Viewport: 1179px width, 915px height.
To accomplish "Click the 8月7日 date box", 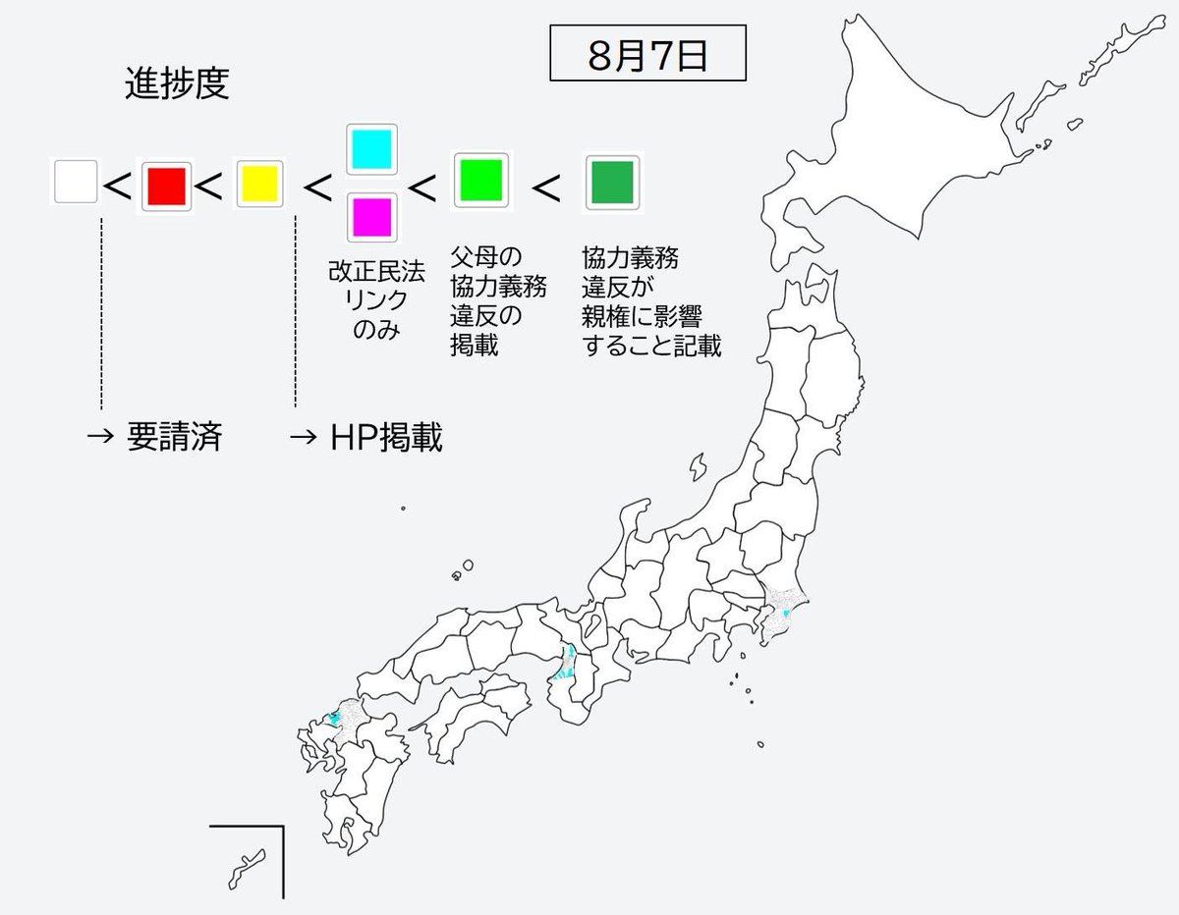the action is [647, 56].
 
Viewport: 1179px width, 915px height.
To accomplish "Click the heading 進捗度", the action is [177, 85].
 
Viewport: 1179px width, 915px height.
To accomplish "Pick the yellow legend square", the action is [259, 184].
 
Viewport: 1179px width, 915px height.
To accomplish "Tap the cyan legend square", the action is [371, 148].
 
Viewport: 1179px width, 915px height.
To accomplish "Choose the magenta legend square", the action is [371, 216].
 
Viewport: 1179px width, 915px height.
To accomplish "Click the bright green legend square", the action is [481, 181].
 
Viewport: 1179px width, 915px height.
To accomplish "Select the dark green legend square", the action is [612, 182].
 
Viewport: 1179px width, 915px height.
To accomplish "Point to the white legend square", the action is [76, 183].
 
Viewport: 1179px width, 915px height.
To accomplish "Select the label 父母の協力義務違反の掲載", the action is [498, 302].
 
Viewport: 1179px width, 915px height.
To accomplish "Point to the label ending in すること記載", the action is [650, 302].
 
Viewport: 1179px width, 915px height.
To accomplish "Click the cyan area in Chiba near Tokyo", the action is [783, 614].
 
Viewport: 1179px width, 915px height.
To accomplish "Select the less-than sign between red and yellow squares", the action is [209, 184].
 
